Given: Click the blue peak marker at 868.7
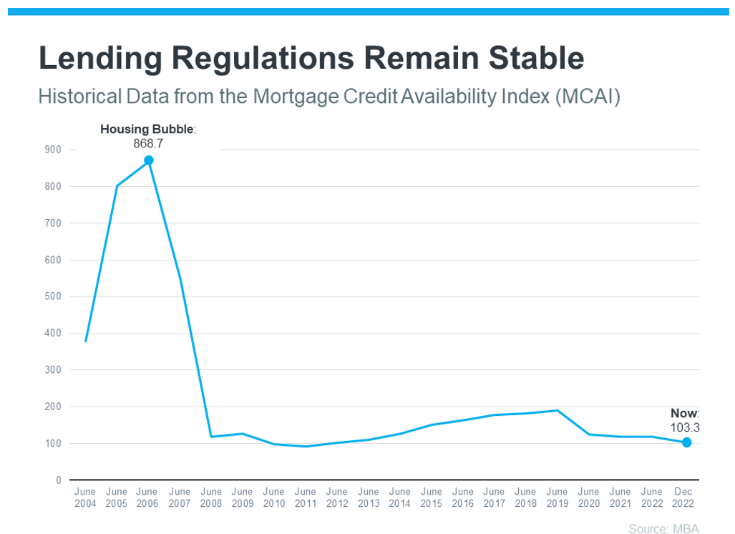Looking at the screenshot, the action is coord(149,160).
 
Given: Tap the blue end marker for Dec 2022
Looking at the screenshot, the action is coord(686,442).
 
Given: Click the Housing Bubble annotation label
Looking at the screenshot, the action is coord(147,129).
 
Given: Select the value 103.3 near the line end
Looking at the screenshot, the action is coord(685,427).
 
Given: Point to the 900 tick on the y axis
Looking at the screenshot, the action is coord(53,150).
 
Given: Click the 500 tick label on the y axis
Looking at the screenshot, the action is coord(53,296).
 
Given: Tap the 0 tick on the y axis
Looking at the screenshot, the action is coord(59,480).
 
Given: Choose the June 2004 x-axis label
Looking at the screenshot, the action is coord(85,497).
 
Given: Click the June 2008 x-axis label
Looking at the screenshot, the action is coord(211,497).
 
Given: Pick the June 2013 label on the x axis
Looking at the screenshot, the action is coord(369,497).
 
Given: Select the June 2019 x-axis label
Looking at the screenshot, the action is coord(558,497).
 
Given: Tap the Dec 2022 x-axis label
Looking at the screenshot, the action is coord(683,497).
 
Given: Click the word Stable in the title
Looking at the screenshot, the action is coord(536,58).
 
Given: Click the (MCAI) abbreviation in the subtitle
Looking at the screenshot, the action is coord(588,97).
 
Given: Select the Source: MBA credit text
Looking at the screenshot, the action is coord(663,528).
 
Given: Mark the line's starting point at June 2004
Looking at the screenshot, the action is coord(85,341).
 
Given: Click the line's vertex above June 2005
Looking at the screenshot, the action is coord(117,186).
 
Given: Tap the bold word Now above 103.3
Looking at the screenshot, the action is coord(684,413).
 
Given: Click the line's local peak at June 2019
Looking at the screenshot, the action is coord(558,411).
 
